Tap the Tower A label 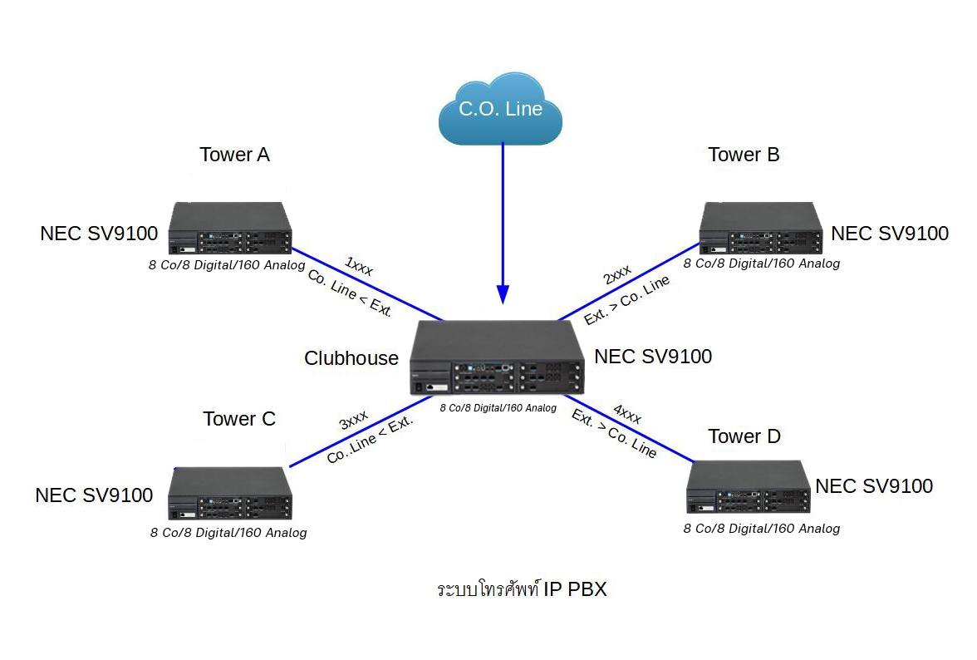pos(234,155)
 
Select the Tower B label pos(744,155)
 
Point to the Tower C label pos(239,419)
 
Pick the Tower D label pos(744,436)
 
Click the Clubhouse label pos(351,358)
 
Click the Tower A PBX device pos(231,229)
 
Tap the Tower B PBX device pos(761,229)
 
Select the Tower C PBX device pos(232,494)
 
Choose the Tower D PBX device pos(748,488)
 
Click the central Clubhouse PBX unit pos(498,358)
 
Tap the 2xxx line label pos(617,275)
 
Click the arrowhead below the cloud pos(503,294)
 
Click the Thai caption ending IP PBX pos(522,590)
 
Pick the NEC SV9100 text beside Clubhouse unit pos(653,357)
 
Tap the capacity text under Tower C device pos(228,533)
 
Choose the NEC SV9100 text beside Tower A pos(99,234)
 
